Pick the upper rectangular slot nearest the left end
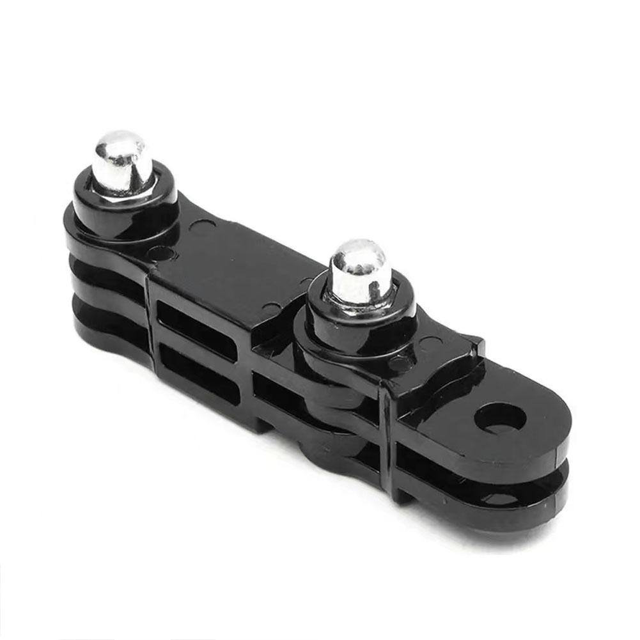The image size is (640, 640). (195, 320)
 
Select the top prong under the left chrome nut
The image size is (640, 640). (96, 237)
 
